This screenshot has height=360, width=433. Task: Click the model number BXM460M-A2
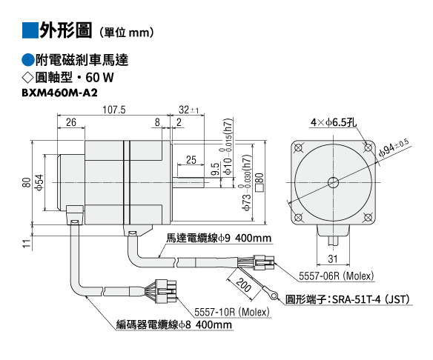tap(59, 93)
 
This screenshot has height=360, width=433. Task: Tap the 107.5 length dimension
tap(113, 110)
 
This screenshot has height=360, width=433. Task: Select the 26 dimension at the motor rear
tap(71, 122)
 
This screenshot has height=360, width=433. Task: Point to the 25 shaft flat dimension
tap(191, 160)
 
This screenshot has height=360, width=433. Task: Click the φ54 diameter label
tap(39, 182)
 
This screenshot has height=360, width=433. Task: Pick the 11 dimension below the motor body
tap(27, 243)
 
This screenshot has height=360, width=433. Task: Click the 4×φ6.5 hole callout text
tap(334, 122)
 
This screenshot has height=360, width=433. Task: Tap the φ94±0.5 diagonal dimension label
tap(394, 147)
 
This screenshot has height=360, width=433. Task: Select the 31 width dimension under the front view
tap(333, 259)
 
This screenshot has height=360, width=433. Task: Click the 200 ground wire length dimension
tap(243, 285)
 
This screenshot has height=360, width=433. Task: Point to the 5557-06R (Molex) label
tap(336, 276)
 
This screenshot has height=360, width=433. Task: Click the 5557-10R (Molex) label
tap(231, 312)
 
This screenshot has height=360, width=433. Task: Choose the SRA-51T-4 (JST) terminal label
tap(371, 299)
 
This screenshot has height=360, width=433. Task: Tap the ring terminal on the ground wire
tap(274, 296)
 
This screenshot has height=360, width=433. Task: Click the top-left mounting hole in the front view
tap(298, 147)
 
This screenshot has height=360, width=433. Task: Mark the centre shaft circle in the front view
tap(333, 182)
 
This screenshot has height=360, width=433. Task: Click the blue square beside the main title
tap(30, 30)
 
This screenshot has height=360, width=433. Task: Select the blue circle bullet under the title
tap(27, 60)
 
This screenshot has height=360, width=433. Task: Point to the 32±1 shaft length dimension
tap(188, 110)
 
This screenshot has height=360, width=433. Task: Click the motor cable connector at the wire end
tap(264, 262)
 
